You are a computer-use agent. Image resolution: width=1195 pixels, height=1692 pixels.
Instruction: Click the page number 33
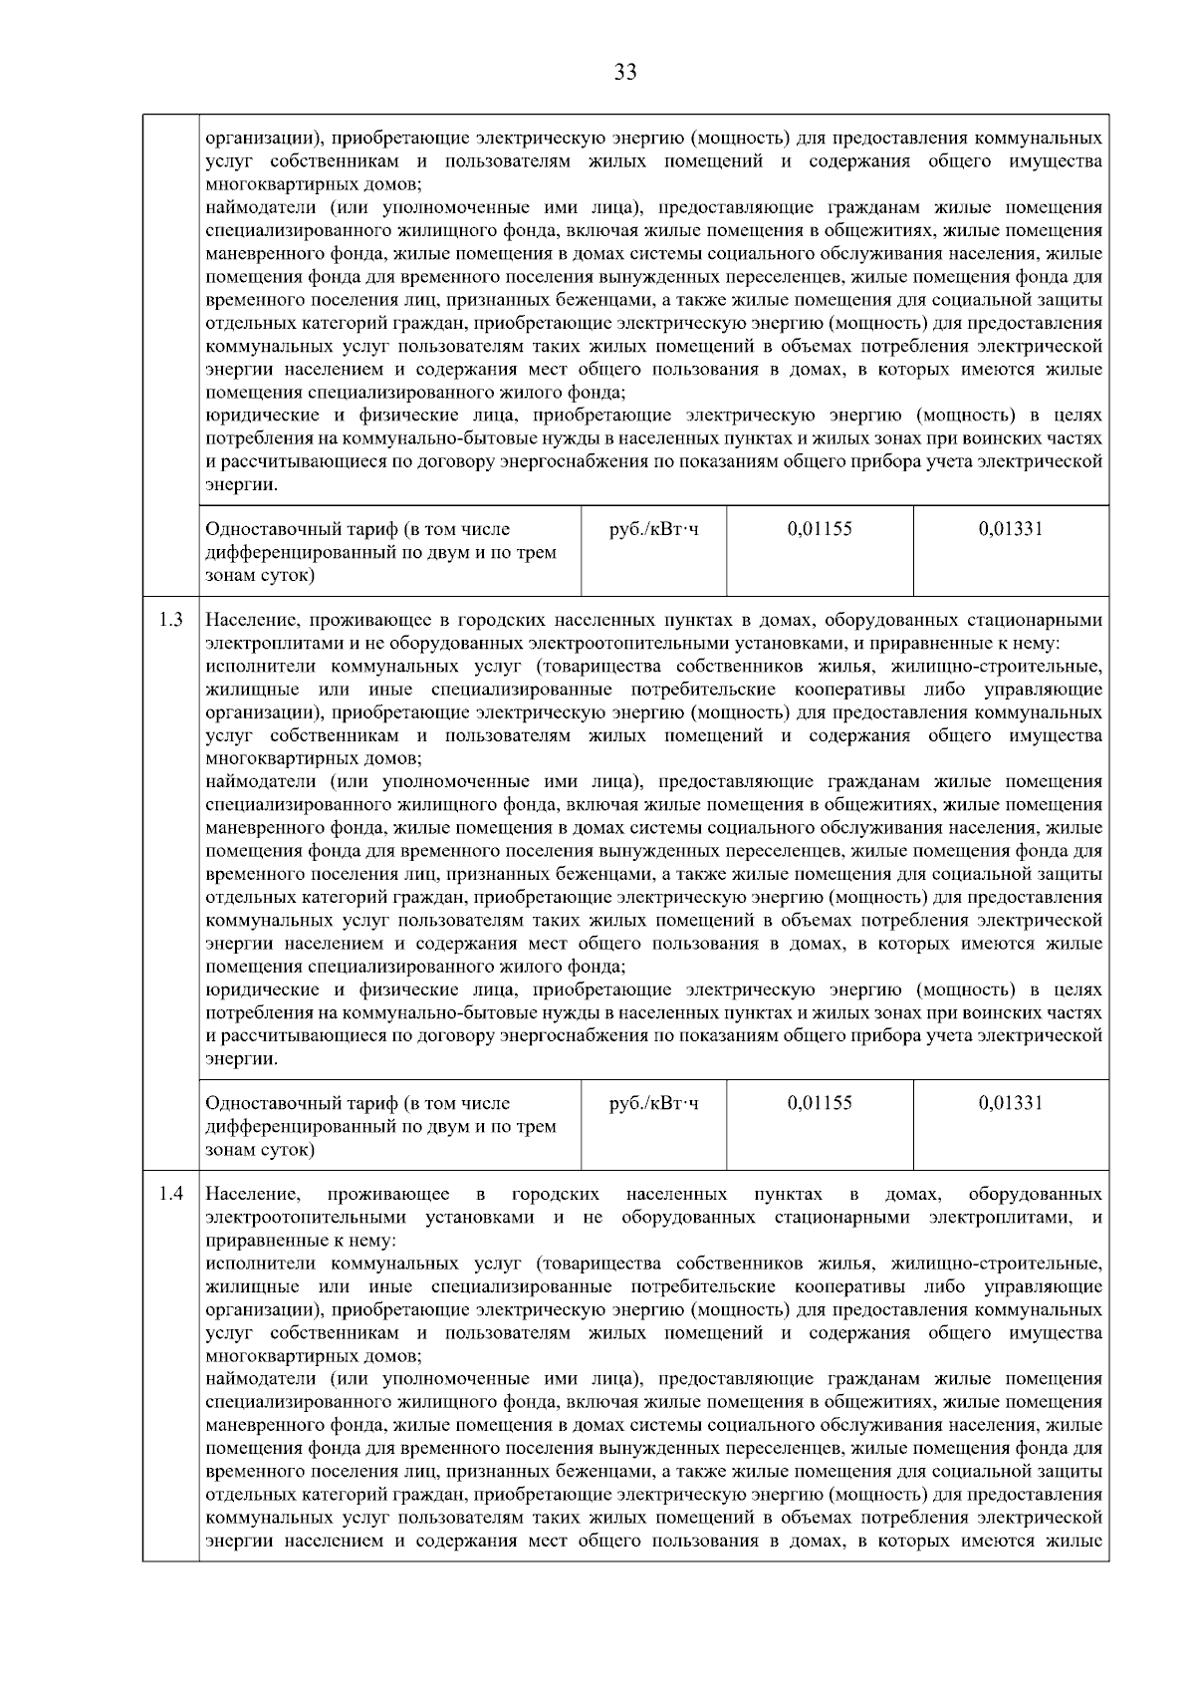(x=625, y=72)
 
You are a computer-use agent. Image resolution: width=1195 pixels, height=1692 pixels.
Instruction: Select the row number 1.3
(x=170, y=620)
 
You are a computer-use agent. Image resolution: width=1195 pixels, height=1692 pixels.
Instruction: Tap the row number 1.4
(x=170, y=1194)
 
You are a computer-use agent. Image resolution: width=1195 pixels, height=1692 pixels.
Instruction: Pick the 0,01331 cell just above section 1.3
(x=1010, y=529)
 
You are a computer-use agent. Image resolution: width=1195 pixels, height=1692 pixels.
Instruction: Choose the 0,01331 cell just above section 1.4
(x=1010, y=1103)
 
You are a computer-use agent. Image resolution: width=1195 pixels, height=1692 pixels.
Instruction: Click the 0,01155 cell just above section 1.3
(x=820, y=529)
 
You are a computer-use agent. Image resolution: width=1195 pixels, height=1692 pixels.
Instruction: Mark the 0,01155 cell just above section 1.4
(x=820, y=1103)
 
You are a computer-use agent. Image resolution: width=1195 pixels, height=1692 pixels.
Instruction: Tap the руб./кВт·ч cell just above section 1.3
(x=653, y=529)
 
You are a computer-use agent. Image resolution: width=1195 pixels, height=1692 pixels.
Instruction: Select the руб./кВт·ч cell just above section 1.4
(x=653, y=1103)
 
